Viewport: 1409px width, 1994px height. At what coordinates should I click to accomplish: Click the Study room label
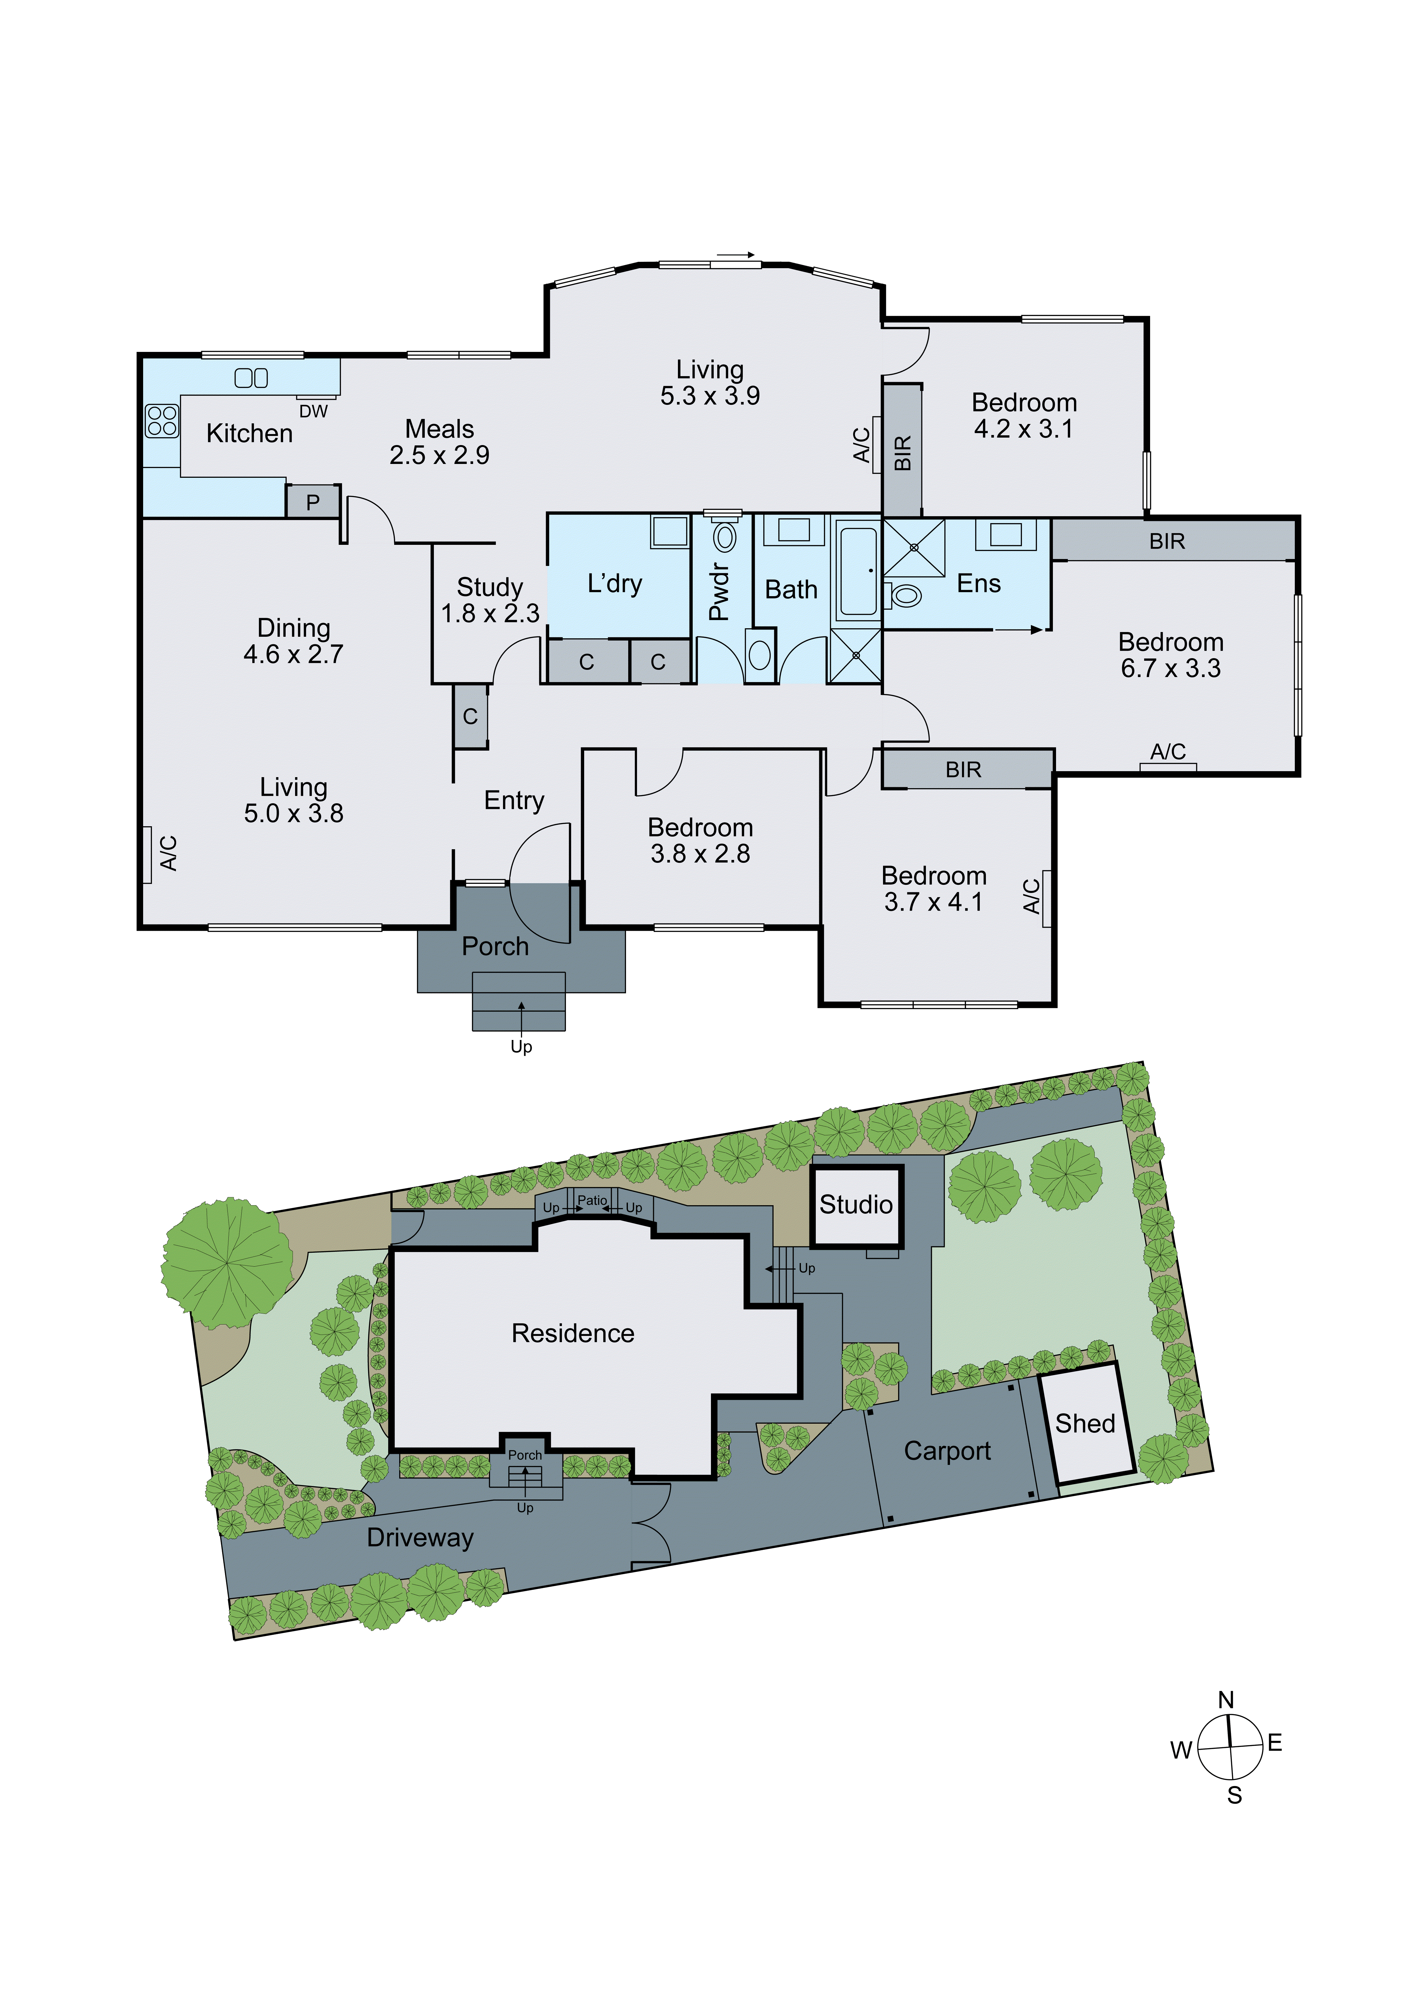pyautogui.click(x=489, y=587)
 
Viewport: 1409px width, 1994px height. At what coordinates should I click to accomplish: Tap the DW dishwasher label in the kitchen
pyautogui.click(x=313, y=412)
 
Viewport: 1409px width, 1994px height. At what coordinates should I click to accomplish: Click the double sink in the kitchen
pyautogui.click(x=251, y=378)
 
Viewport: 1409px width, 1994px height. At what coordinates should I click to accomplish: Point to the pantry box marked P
pyautogui.click(x=312, y=502)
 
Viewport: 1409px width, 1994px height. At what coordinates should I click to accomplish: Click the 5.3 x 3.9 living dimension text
pyautogui.click(x=709, y=396)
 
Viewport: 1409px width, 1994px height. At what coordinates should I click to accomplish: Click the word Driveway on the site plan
pyautogui.click(x=420, y=1537)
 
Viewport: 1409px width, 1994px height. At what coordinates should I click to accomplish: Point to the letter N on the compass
pyautogui.click(x=1226, y=1700)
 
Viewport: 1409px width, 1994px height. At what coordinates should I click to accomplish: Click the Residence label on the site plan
pyautogui.click(x=573, y=1333)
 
